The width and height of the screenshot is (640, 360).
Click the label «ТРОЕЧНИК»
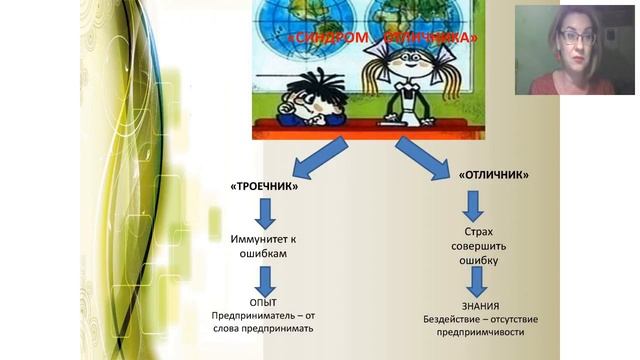tap(264, 187)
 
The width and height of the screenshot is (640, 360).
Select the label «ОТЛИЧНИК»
tap(494, 174)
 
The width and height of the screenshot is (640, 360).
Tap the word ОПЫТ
tap(264, 301)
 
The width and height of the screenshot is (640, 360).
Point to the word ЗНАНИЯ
tap(473, 306)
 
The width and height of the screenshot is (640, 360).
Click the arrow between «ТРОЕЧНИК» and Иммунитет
tap(266, 213)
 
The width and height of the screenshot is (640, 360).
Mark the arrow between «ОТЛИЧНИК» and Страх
tap(473, 205)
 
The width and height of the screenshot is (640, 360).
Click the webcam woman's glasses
tap(576, 37)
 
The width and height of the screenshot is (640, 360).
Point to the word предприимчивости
tap(473, 332)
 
